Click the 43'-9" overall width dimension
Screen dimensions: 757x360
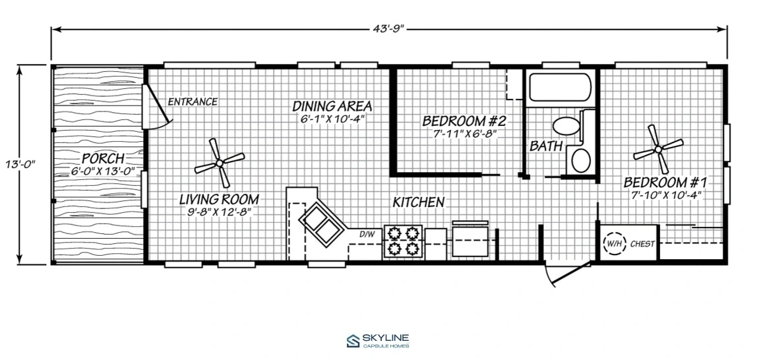(x=389, y=29)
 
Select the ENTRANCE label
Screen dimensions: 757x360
(x=192, y=102)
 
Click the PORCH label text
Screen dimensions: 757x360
(x=104, y=158)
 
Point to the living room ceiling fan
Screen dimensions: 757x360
(x=220, y=163)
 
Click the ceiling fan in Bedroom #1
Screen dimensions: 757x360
(x=658, y=149)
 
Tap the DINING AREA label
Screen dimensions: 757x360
(x=332, y=105)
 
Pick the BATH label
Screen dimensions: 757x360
(x=546, y=145)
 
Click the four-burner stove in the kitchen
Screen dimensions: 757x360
(x=403, y=241)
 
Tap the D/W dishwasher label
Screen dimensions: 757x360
(x=367, y=235)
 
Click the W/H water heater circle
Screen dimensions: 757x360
(x=614, y=244)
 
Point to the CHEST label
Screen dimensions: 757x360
(x=642, y=244)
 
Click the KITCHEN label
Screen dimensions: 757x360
(x=418, y=202)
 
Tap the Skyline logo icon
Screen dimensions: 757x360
(x=353, y=341)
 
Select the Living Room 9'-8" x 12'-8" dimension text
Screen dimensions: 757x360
(x=220, y=211)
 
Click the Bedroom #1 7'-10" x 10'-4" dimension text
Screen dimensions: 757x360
(x=666, y=195)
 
